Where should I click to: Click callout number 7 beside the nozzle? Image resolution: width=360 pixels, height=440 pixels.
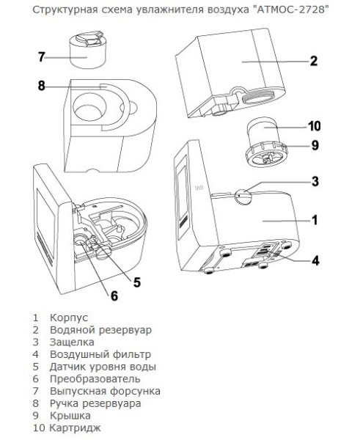click(x=42, y=57)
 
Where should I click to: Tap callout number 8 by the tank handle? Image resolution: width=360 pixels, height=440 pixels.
click(x=42, y=86)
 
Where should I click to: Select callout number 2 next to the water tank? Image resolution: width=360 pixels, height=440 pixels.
click(x=314, y=61)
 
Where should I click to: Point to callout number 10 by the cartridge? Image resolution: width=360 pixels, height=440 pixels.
click(x=315, y=126)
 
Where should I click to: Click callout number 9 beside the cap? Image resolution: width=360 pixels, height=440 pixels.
click(x=315, y=145)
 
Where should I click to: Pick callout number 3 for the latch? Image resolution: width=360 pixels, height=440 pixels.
click(x=315, y=182)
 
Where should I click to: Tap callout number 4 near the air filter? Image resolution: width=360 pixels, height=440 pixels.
click(x=315, y=260)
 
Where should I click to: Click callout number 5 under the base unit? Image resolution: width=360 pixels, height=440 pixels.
click(x=136, y=282)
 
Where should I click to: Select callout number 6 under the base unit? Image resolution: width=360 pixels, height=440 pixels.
click(x=114, y=296)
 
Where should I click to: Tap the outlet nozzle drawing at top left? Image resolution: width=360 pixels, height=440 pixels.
click(x=87, y=49)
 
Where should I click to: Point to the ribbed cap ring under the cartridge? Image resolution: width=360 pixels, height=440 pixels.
click(x=267, y=155)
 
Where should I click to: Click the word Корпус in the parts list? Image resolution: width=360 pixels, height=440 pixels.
click(x=69, y=318)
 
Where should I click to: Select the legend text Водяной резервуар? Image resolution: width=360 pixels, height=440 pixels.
click(x=100, y=330)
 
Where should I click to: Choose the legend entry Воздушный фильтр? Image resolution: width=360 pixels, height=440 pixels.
click(x=100, y=354)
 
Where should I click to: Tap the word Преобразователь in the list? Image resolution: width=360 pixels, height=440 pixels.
click(x=95, y=379)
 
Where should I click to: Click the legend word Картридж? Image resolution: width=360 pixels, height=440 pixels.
click(x=75, y=428)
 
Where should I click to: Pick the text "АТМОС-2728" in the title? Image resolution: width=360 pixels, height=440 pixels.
click(x=288, y=10)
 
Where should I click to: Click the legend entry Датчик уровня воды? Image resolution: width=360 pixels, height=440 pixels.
click(x=103, y=367)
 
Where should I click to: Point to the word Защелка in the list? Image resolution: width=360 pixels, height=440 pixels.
click(x=72, y=342)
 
